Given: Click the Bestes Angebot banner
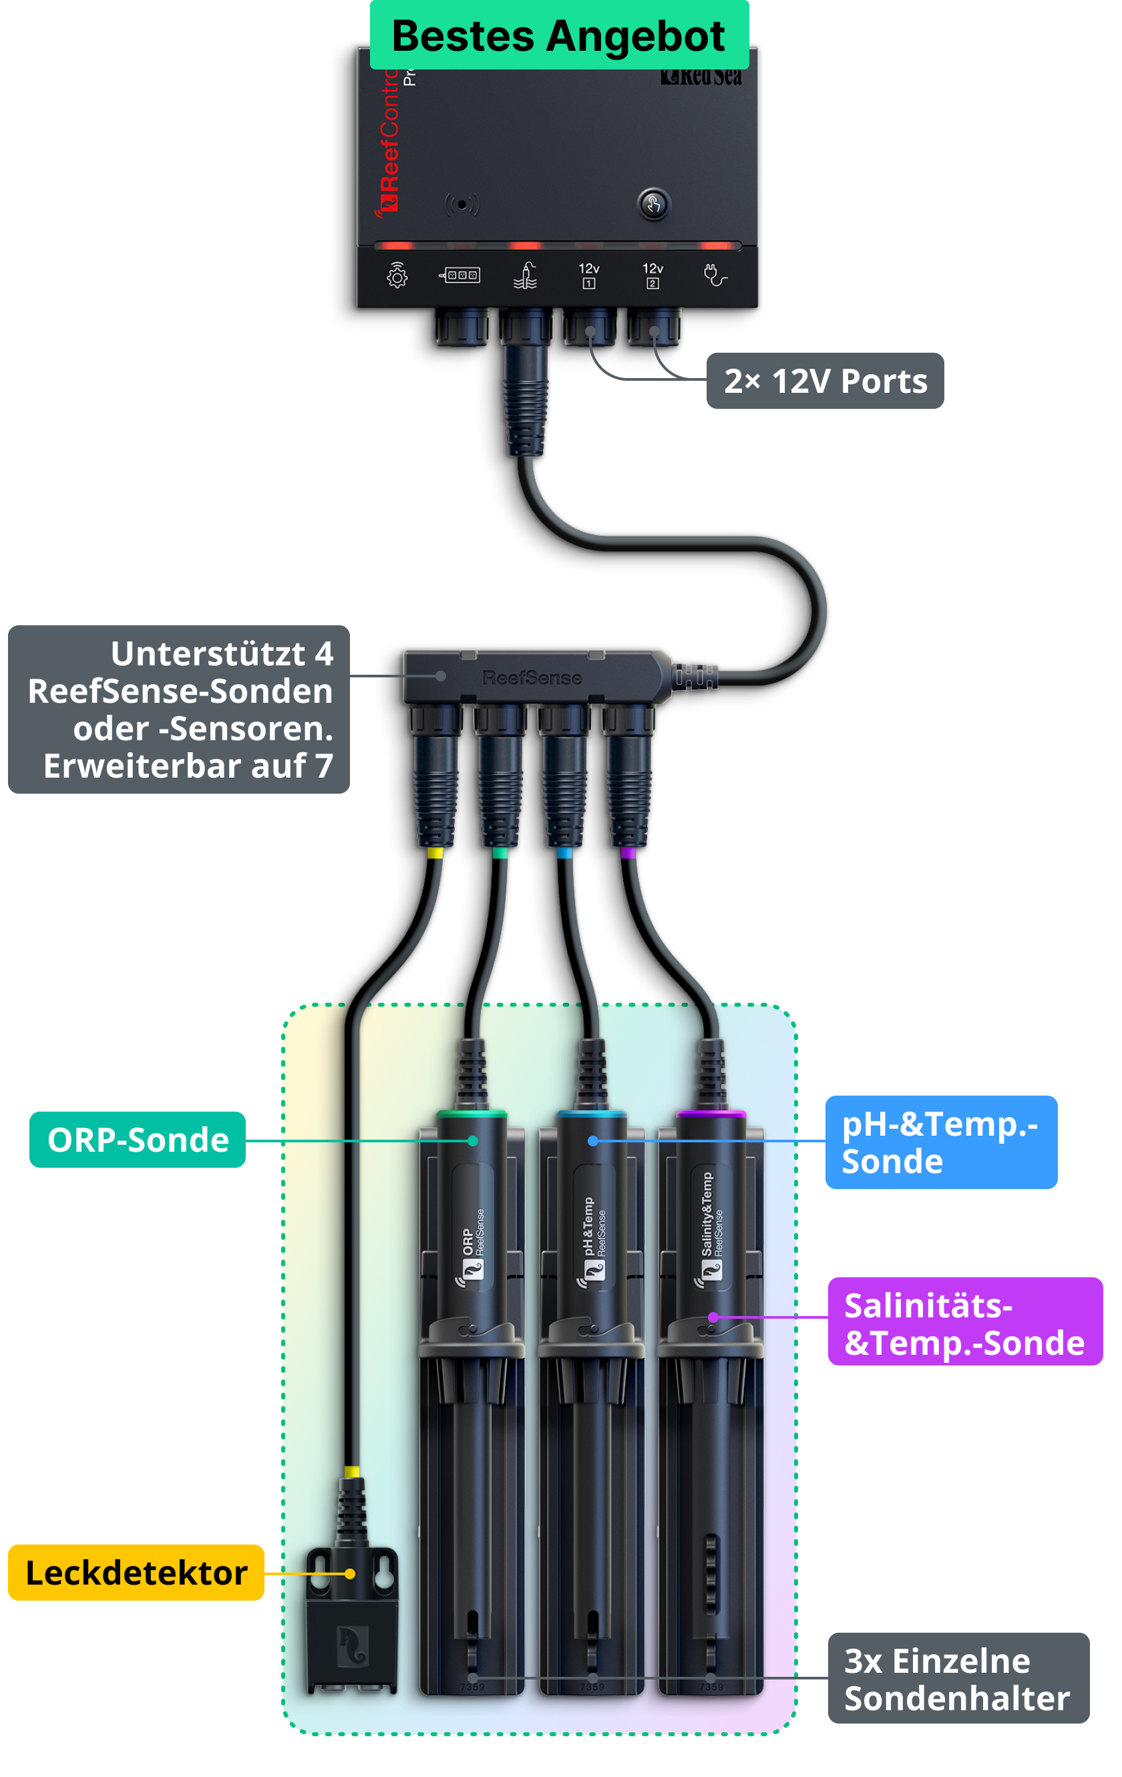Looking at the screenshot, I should [558, 36].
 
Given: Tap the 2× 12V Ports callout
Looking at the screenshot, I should [825, 381].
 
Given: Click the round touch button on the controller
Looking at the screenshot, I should [654, 204].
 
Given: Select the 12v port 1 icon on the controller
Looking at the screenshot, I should [588, 275].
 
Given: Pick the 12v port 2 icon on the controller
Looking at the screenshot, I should [652, 275].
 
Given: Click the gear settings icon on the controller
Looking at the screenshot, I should [397, 275].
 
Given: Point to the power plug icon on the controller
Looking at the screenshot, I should [714, 275].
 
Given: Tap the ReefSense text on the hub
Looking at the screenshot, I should [532, 677].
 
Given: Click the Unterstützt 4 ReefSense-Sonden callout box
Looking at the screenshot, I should [179, 709].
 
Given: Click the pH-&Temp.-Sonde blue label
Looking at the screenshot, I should [940, 1142].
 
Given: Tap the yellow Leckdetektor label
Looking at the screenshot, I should [136, 1573].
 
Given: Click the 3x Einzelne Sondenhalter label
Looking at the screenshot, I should [958, 1679].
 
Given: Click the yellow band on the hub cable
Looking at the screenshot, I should [435, 853].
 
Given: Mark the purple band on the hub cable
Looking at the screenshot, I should [628, 853].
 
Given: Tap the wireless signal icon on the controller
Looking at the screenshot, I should [461, 204].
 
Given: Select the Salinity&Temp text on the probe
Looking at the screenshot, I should [707, 1214].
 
